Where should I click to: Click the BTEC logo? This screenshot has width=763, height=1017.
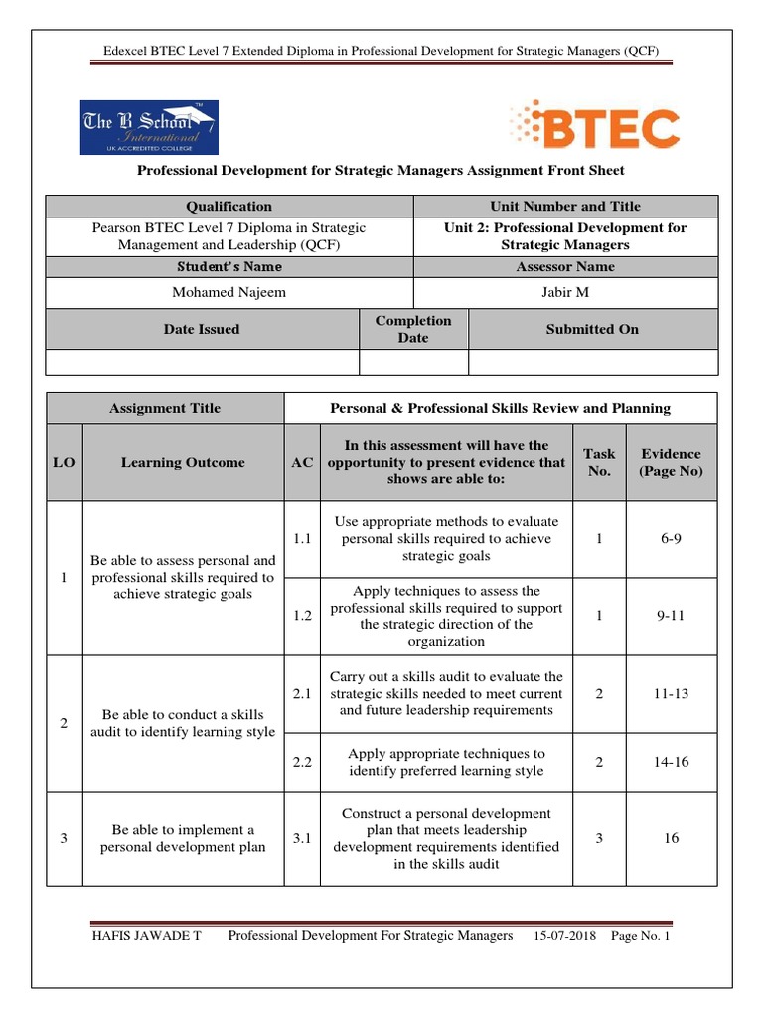pyautogui.click(x=595, y=127)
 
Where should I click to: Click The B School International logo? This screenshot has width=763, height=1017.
pyautogui.click(x=149, y=127)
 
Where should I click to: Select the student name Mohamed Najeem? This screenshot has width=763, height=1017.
pyautogui.click(x=229, y=292)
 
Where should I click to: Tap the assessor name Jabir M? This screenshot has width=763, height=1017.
pyautogui.click(x=564, y=292)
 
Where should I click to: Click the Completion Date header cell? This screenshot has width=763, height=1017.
pyautogui.click(x=412, y=329)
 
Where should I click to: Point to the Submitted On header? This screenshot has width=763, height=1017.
pyautogui.click(x=592, y=329)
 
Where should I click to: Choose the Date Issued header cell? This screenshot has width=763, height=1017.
pyautogui.click(x=202, y=329)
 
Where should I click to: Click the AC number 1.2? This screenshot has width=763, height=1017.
pyautogui.click(x=302, y=616)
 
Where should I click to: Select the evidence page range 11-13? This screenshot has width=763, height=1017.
pyautogui.click(x=671, y=694)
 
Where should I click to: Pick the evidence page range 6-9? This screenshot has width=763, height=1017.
pyautogui.click(x=671, y=538)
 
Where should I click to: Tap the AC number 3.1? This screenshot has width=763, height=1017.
pyautogui.click(x=302, y=838)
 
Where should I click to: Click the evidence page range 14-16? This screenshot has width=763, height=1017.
pyautogui.click(x=671, y=762)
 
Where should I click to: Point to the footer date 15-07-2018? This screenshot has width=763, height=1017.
pyautogui.click(x=563, y=936)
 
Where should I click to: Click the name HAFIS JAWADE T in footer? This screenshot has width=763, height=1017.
pyautogui.click(x=146, y=936)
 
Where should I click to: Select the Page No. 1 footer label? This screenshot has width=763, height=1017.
pyautogui.click(x=641, y=936)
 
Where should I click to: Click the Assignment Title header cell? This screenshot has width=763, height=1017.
pyautogui.click(x=165, y=408)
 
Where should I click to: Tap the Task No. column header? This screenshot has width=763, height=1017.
pyautogui.click(x=599, y=462)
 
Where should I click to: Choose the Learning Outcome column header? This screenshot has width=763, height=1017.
pyautogui.click(x=182, y=462)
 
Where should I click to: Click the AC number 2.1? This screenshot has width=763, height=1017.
pyautogui.click(x=302, y=694)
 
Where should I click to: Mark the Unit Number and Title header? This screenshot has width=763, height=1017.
pyautogui.click(x=564, y=207)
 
